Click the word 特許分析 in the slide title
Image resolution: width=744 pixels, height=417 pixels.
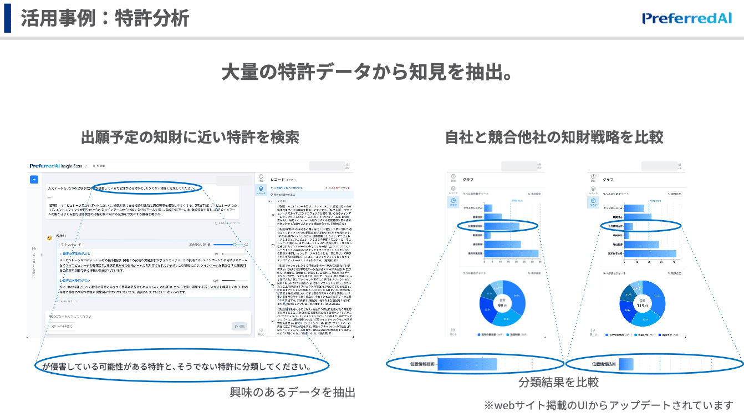pyautogui.click(x=152, y=18)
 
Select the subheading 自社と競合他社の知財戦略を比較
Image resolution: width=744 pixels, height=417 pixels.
pyautogui.click(x=554, y=137)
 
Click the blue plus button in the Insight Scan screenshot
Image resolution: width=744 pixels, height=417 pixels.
pyautogui.click(x=34, y=179)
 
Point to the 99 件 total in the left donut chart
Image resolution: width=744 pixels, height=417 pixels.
pyautogui.click(x=501, y=306)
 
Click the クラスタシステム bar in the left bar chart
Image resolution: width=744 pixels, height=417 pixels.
pyautogui.click(x=488, y=208)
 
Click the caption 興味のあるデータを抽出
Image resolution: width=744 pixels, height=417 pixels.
pyautogui.click(x=292, y=393)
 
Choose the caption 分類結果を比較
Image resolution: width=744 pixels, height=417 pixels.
pyautogui.click(x=558, y=383)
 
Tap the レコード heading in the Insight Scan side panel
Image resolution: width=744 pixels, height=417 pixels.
pyautogui.click(x=277, y=180)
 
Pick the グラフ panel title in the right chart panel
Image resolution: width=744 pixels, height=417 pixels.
pyautogui.click(x=608, y=180)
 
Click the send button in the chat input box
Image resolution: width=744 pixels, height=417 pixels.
pyautogui.click(x=238, y=327)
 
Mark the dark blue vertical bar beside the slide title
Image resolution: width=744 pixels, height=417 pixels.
pyautogui.click(x=7, y=18)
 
